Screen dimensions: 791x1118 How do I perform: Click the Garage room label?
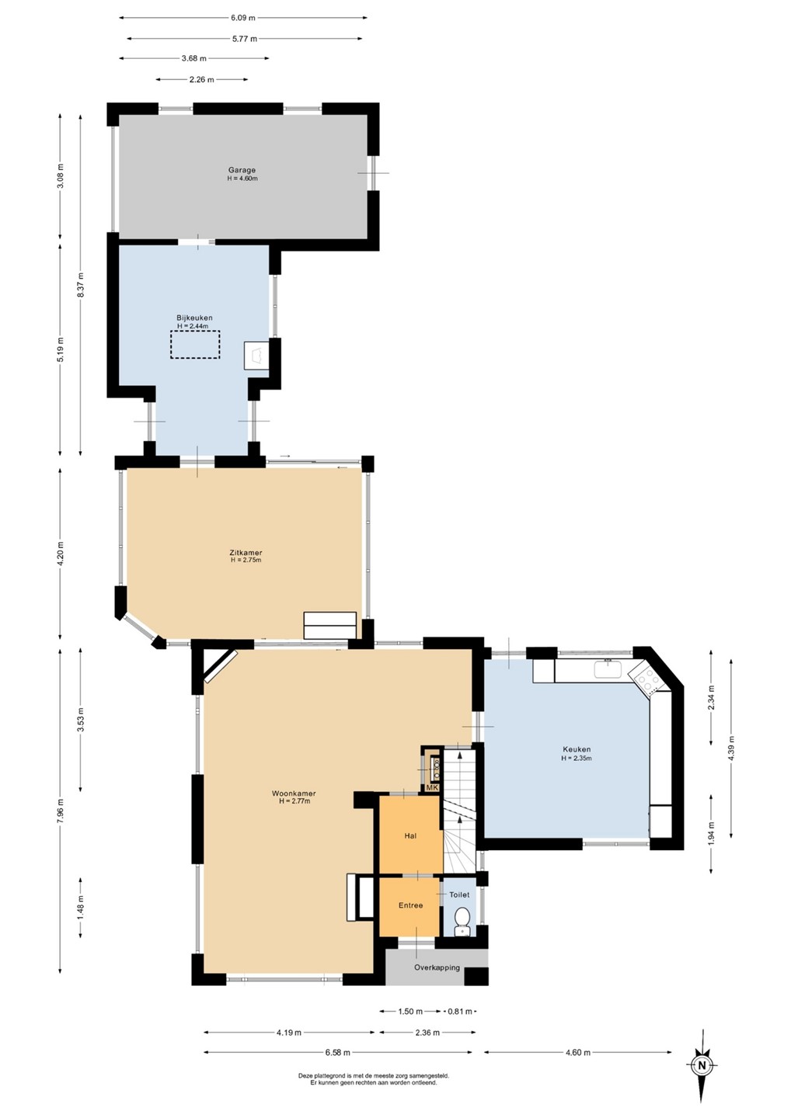tap(242, 170)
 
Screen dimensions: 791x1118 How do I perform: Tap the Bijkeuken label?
tap(195, 318)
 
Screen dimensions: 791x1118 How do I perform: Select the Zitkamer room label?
tap(246, 553)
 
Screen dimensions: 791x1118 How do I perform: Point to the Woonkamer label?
tap(294, 793)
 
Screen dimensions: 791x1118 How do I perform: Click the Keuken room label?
tap(577, 749)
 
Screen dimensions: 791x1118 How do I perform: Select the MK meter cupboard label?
tap(432, 787)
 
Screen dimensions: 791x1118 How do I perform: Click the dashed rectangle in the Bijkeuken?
tap(195, 345)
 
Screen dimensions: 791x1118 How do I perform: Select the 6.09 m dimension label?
tap(242, 18)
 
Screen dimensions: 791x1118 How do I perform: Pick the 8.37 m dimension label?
tap(80, 286)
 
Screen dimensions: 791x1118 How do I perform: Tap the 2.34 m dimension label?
tap(711, 698)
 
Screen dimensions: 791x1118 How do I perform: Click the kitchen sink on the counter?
tap(608, 668)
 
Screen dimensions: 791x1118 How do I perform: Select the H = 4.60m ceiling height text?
tap(242, 179)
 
